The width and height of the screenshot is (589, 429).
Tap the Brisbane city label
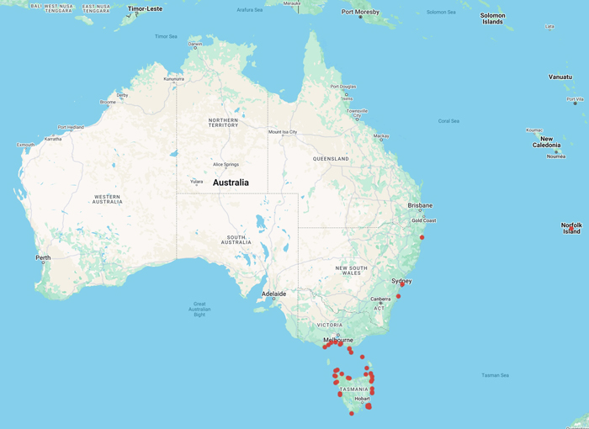tap(419, 205)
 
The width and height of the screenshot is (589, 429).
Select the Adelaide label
tap(274, 294)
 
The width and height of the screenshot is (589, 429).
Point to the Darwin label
tap(195, 44)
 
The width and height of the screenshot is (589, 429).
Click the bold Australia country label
tap(231, 182)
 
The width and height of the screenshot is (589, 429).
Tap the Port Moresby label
tap(360, 13)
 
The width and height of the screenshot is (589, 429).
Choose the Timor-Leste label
tap(144, 8)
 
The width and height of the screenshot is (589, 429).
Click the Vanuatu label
tap(560, 77)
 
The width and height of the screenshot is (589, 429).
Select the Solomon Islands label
tap(492, 19)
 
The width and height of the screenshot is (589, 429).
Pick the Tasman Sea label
tap(496, 375)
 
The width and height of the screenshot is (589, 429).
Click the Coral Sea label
tap(448, 120)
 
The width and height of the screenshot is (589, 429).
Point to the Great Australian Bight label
tap(199, 309)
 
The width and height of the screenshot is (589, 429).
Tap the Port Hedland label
tap(71, 127)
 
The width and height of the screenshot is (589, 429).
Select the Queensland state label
tap(331, 158)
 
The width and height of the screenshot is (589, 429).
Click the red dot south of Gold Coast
tap(422, 237)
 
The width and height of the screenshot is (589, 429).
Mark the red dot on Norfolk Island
tap(571, 226)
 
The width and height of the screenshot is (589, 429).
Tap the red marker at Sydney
tap(402, 284)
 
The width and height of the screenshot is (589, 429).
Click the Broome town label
tap(108, 102)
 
